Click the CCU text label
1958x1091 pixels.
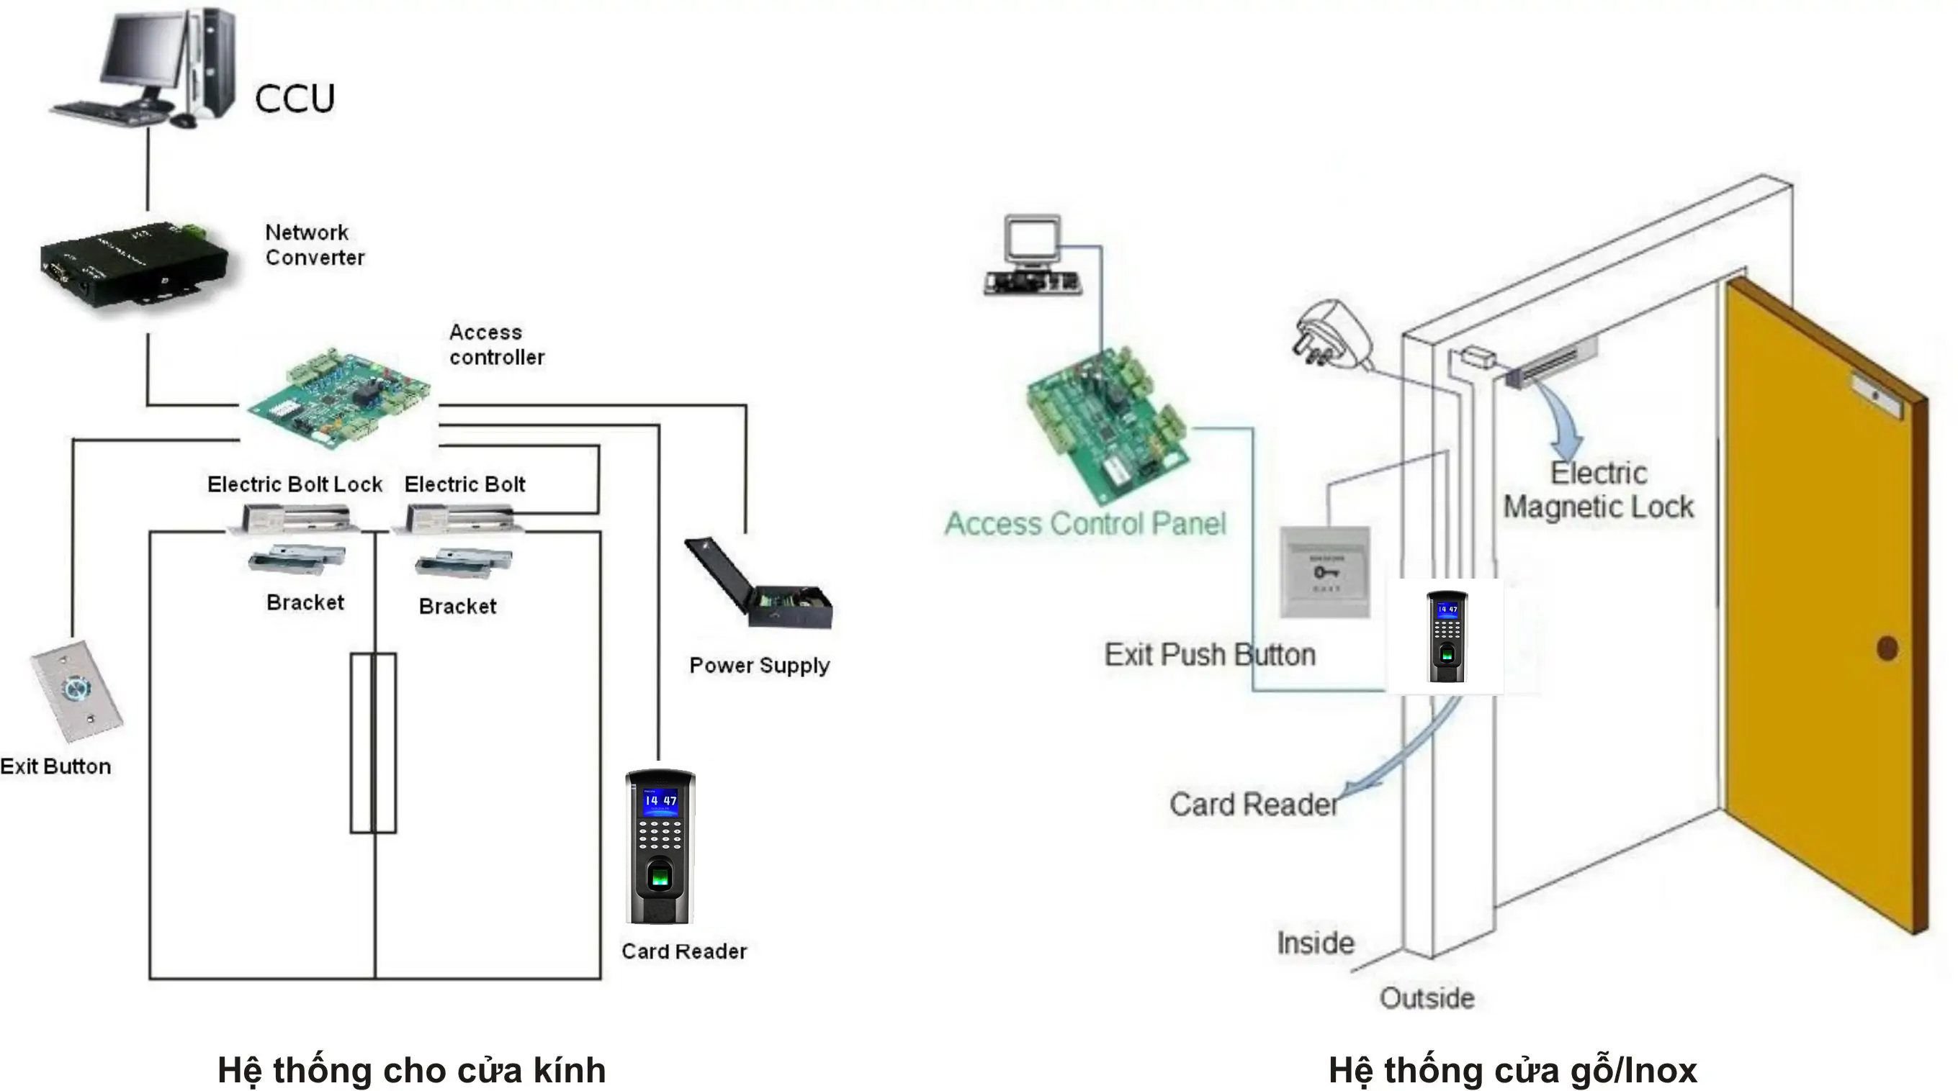pos(294,99)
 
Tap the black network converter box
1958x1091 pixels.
pos(133,262)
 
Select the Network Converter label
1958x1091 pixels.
pos(314,245)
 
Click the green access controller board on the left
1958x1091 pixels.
pos(339,399)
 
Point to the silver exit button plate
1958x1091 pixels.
pos(76,692)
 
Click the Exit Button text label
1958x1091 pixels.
pos(55,766)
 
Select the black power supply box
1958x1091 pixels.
pos(760,585)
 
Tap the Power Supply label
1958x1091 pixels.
pos(758,666)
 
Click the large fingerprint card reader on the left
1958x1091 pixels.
pos(660,847)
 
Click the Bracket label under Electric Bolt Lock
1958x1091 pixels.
pos(305,602)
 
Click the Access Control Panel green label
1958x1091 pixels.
pos(1084,524)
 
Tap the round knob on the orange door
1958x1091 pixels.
pos(1887,648)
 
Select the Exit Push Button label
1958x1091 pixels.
pos(1209,655)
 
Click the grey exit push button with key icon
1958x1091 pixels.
pos(1325,571)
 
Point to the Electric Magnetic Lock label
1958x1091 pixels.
pos(1598,490)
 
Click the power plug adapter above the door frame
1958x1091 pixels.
pos(1331,335)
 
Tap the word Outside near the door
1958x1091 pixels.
pos(1427,998)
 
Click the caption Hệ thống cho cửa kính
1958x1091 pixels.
pos(411,1070)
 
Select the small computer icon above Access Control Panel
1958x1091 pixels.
pos(1032,255)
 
